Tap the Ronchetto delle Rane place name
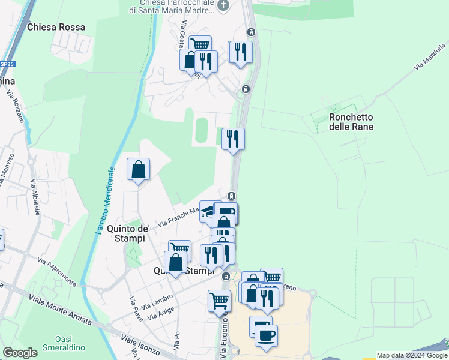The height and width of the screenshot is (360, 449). (x=351, y=122)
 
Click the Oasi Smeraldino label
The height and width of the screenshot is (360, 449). (x=68, y=343)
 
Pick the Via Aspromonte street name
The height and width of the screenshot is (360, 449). (x=56, y=271)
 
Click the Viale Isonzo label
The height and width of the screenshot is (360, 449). (x=137, y=347)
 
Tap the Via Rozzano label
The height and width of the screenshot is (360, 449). (x=16, y=106)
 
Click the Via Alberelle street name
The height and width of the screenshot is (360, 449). (x=35, y=197)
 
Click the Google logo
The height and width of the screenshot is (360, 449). (x=20, y=353)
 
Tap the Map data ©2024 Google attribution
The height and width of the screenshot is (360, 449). (x=412, y=355)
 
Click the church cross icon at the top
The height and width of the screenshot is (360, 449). (x=223, y=5)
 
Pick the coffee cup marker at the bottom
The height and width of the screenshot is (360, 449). (x=266, y=334)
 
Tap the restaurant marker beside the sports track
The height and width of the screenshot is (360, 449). (x=233, y=139)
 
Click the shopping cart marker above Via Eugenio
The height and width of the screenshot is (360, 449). (x=219, y=300)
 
